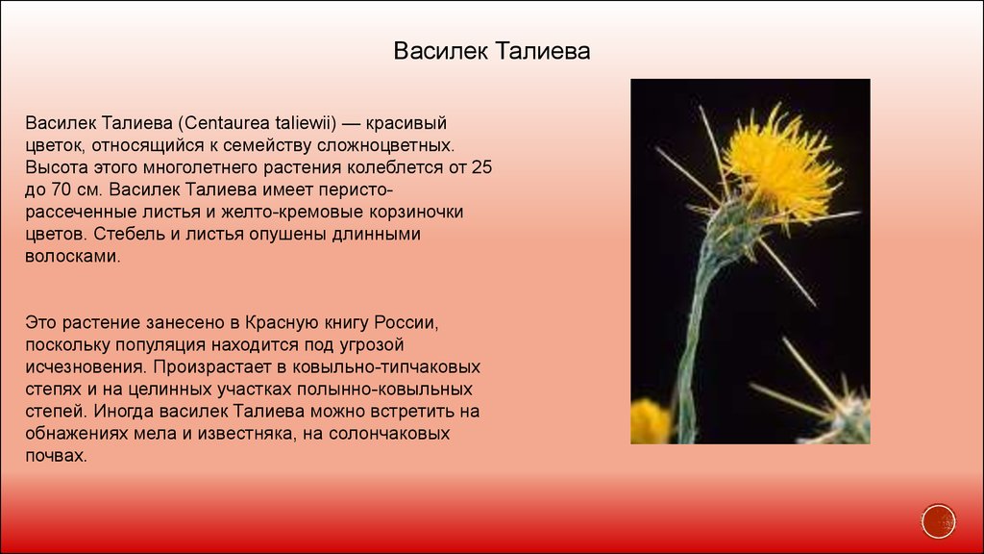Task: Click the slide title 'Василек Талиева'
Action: pos(491,51)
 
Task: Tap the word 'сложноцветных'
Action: pos(384,145)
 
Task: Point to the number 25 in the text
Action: pos(482,167)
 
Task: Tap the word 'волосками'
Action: pos(71,256)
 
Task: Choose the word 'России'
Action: pos(405,323)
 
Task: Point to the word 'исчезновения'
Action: pos(86,366)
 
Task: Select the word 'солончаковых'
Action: pos(389,434)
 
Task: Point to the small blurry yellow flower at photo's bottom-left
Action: pos(651,421)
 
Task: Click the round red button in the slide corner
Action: pos(938,520)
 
